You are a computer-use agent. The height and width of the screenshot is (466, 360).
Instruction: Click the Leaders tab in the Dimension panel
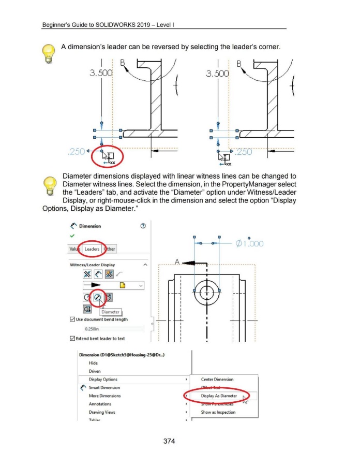pos(92,249)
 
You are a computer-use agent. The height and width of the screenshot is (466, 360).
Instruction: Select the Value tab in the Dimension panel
pos(74,249)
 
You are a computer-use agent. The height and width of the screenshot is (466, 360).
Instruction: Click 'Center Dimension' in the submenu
pos(217,380)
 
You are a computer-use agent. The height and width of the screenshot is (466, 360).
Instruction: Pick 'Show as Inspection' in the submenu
pos(218,412)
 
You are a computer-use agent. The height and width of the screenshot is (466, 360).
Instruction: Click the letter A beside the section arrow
pos(177,263)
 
